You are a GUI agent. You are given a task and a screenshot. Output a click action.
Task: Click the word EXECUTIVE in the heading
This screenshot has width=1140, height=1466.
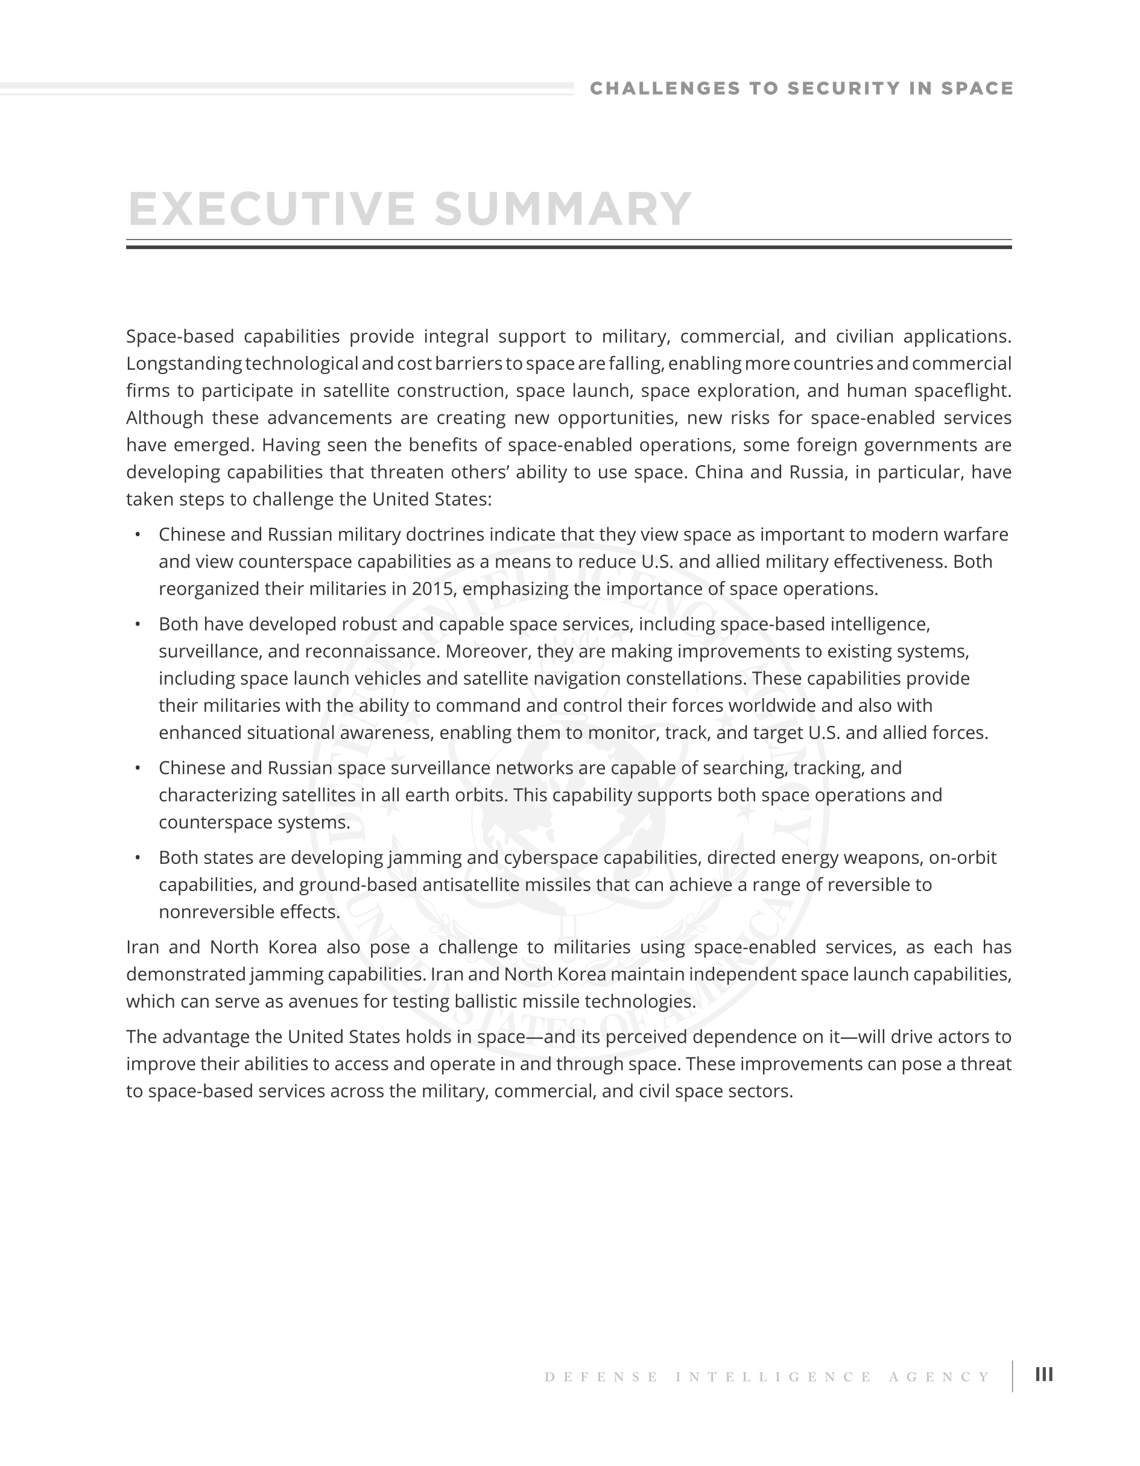271,209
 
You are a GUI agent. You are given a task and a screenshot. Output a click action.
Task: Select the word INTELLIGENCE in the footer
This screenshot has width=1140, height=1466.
774,1377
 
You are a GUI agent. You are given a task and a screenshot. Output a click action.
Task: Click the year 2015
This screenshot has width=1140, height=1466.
434,589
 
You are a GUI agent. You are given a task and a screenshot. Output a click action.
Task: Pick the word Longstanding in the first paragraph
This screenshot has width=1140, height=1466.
184,364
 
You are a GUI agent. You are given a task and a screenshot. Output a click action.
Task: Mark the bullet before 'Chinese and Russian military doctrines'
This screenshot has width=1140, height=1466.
138,535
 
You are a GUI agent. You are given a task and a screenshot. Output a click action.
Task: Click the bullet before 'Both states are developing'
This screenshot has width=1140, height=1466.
138,857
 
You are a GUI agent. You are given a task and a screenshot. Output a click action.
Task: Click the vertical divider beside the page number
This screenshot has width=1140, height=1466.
1013,1376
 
